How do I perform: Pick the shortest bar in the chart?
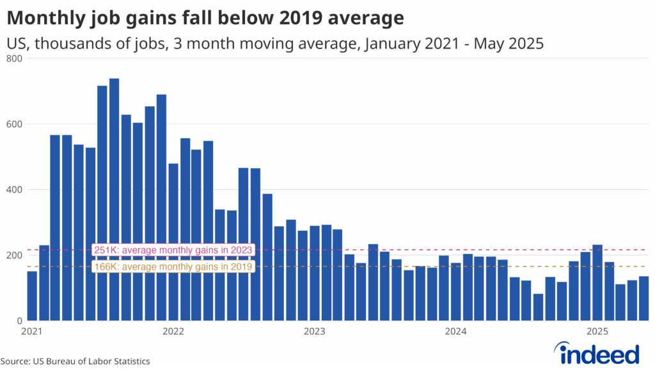(538, 308)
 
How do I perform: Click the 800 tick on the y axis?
(15, 59)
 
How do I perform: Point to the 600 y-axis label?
(15, 124)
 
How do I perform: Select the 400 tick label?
(15, 190)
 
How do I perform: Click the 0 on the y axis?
(19, 321)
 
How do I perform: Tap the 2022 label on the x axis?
(173, 331)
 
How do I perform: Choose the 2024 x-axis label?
(455, 331)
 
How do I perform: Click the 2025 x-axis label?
(597, 331)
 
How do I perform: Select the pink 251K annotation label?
(173, 250)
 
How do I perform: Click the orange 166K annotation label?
(173, 267)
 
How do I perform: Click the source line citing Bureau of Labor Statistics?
(75, 361)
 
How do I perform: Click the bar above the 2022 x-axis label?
(173, 242)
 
